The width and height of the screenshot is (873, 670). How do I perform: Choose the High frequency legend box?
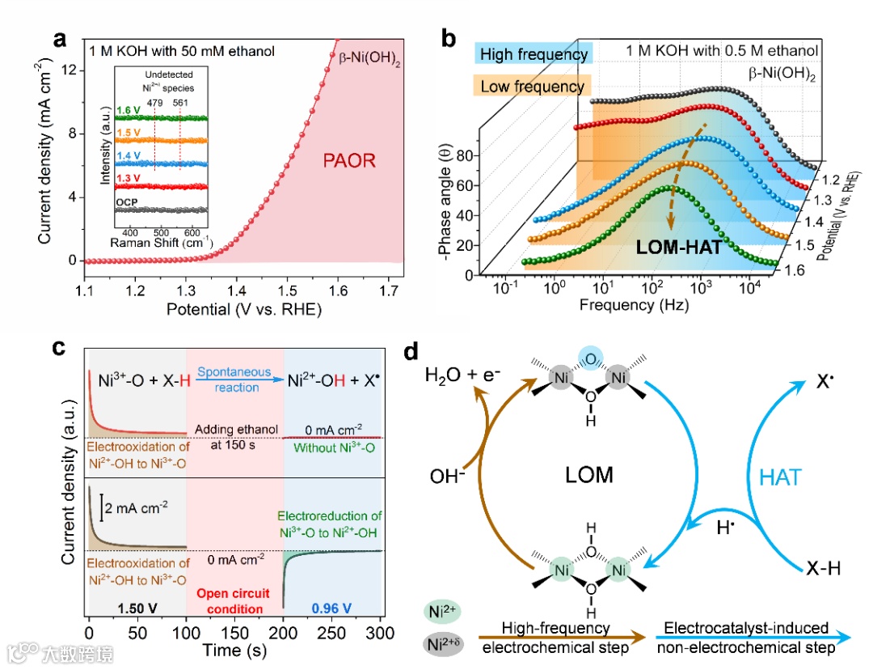[533, 55]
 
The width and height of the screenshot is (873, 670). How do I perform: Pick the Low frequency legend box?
[532, 86]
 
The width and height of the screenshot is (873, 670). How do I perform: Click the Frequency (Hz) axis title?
[630, 306]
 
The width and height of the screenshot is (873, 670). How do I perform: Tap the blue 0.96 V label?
[331, 608]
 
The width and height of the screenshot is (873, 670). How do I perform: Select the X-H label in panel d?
[823, 568]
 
